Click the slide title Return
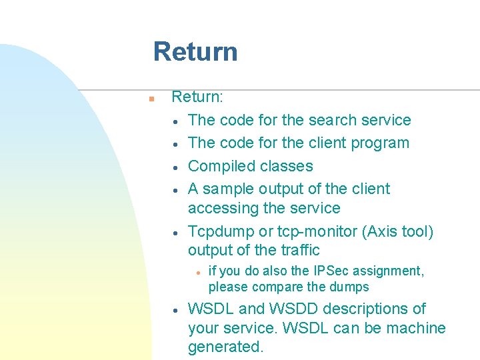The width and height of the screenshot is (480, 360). point(195,51)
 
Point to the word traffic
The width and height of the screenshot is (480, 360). point(299,251)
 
